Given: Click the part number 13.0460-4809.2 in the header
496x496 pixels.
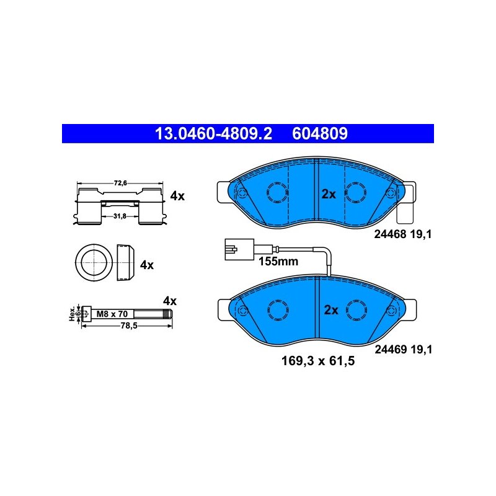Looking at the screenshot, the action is coord(213,133).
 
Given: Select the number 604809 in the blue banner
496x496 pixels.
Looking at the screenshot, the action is coord(320,133).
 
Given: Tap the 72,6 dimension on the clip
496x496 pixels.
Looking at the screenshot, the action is coord(120,183).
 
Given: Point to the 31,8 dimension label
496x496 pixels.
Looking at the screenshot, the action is coord(120,216).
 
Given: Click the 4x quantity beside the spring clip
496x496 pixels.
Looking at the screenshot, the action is coord(177,196).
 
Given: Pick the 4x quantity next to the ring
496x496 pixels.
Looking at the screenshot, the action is coord(147,265).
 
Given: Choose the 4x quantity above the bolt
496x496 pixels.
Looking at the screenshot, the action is coord(170,301).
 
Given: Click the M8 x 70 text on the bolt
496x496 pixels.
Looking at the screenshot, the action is coord(112,314).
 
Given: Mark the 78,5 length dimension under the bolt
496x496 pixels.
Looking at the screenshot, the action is coord(129,325).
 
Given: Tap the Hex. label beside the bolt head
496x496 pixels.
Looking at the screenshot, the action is coord(73,314).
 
